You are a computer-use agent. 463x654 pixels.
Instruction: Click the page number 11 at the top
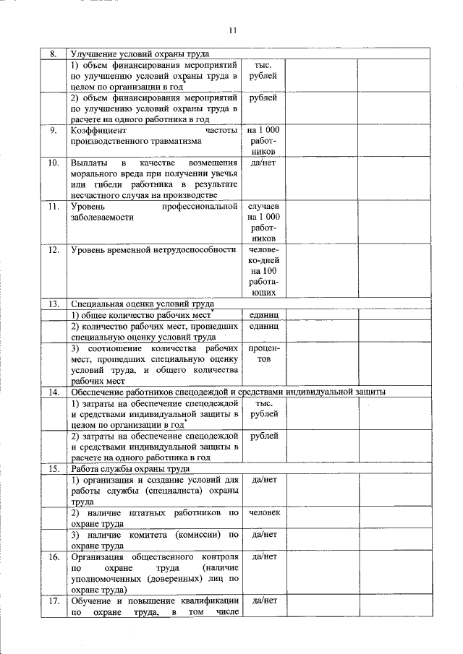pos(231,30)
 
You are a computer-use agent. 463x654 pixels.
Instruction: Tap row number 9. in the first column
pos(52,131)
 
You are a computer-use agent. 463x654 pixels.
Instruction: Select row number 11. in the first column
pos(52,207)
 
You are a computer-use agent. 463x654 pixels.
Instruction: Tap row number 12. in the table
pos(52,250)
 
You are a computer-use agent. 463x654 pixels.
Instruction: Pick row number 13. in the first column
pos(52,304)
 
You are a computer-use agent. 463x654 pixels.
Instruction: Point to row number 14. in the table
pos(52,392)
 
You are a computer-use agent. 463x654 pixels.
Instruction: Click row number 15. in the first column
pos(52,468)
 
